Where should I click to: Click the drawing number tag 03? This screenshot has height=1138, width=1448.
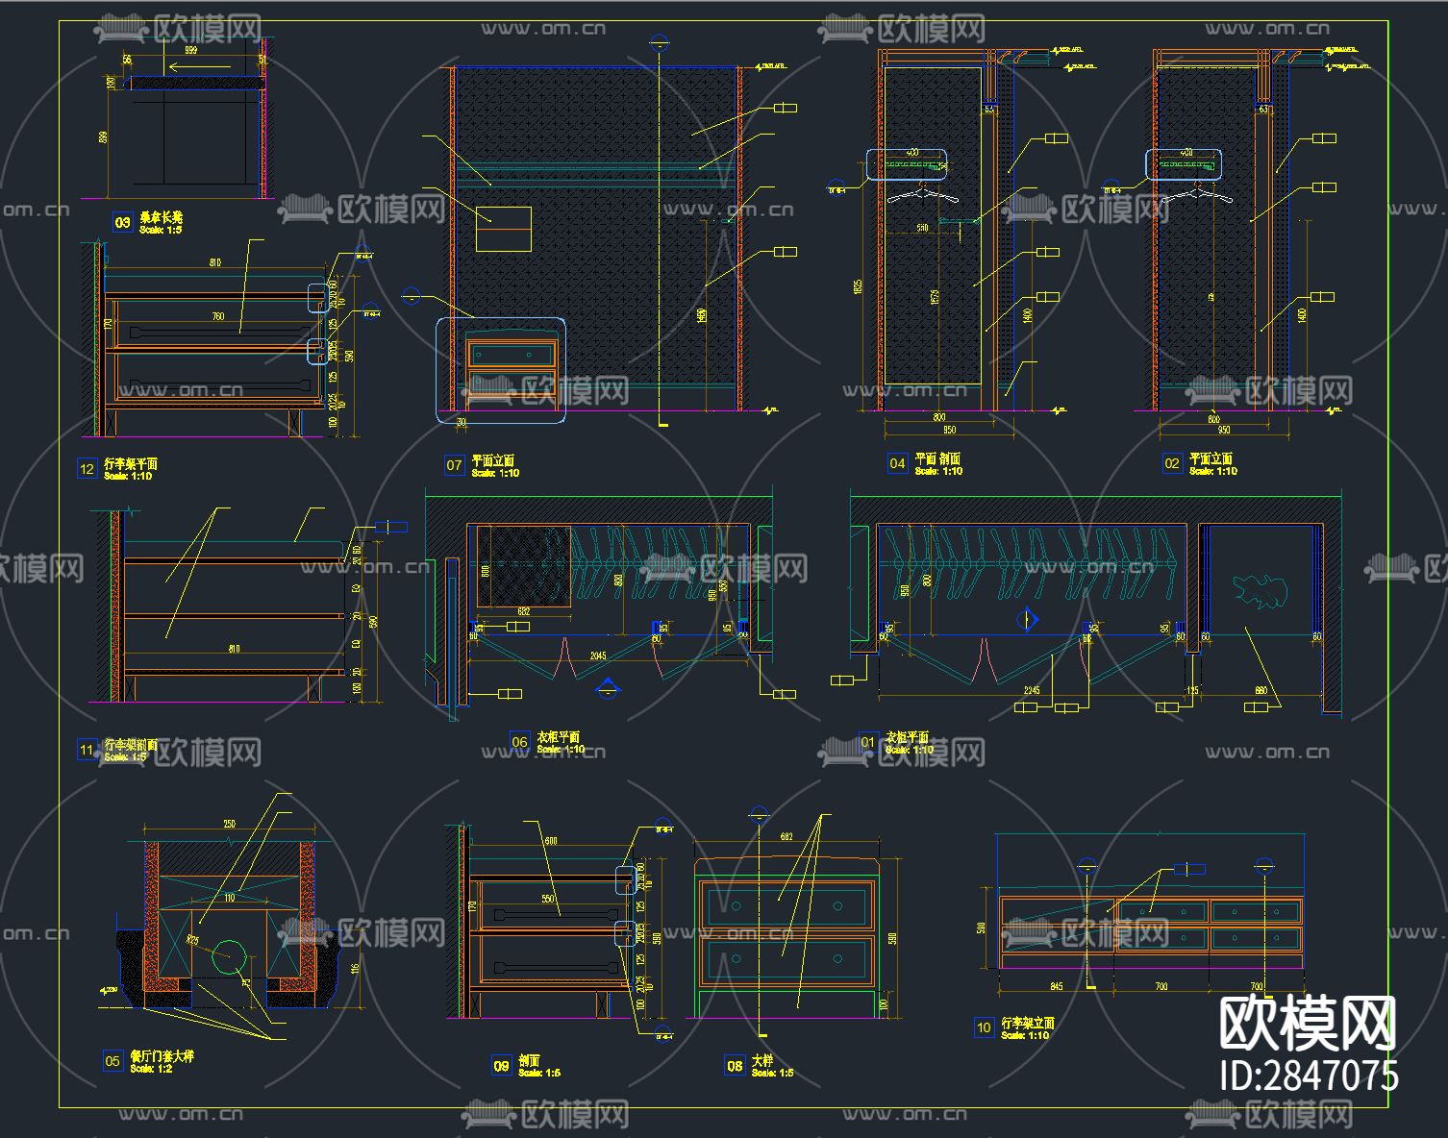[122, 223]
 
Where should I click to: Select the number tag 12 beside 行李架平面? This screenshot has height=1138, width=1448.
[87, 469]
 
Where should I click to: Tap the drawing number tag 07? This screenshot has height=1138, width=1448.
[454, 465]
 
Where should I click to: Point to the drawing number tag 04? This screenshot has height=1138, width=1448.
[897, 463]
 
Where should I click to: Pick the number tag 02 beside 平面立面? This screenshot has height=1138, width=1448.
[1171, 463]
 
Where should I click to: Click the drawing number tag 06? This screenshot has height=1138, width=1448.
[519, 741]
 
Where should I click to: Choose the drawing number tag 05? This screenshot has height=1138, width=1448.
[112, 1061]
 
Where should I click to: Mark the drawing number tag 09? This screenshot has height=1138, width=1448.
[501, 1065]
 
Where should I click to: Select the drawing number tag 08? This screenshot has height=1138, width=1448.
[735, 1065]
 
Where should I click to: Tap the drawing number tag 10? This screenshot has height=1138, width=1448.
[984, 1027]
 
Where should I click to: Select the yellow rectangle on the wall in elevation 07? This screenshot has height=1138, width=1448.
[504, 229]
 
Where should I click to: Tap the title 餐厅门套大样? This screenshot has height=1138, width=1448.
[162, 1056]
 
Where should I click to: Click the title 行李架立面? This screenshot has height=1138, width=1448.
[1028, 1023]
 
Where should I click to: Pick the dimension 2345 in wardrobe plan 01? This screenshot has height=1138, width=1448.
[1032, 690]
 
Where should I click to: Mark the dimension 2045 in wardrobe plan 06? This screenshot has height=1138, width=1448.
[598, 656]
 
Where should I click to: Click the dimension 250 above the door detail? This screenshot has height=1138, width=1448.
[229, 824]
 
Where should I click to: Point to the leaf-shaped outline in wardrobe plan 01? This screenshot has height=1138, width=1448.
[1260, 589]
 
